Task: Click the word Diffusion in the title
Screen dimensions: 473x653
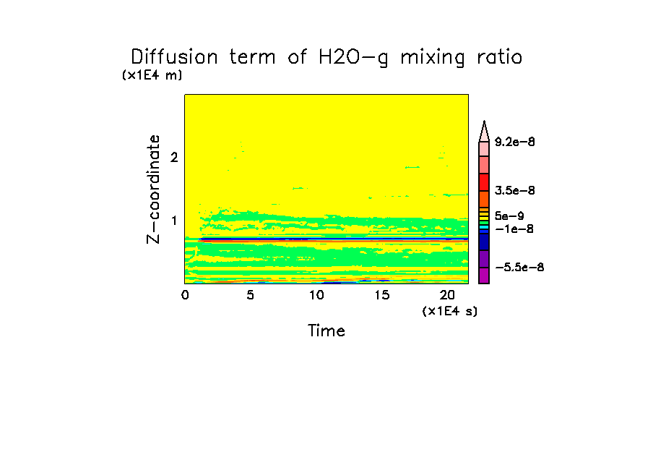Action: (x=173, y=58)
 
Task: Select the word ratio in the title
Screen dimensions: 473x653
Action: (x=496, y=58)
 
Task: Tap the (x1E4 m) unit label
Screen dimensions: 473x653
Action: (x=152, y=75)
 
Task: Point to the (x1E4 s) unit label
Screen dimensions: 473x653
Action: (x=449, y=311)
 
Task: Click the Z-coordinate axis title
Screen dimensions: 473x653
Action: (x=153, y=189)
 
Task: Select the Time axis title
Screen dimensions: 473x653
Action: (x=326, y=331)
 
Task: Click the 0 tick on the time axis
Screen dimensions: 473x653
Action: (x=185, y=295)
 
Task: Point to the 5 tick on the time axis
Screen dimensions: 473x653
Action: (x=250, y=295)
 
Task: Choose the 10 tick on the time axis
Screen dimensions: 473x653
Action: (x=316, y=295)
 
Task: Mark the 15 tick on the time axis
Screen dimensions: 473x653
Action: (x=381, y=295)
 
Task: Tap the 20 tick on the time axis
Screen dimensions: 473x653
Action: (x=446, y=295)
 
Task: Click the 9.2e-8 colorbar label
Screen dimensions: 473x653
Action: (x=514, y=142)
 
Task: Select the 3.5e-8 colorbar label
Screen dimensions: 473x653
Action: (x=514, y=191)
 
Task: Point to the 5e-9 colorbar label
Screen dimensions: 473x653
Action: (x=509, y=216)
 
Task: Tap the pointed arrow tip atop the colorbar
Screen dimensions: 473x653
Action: (x=484, y=126)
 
